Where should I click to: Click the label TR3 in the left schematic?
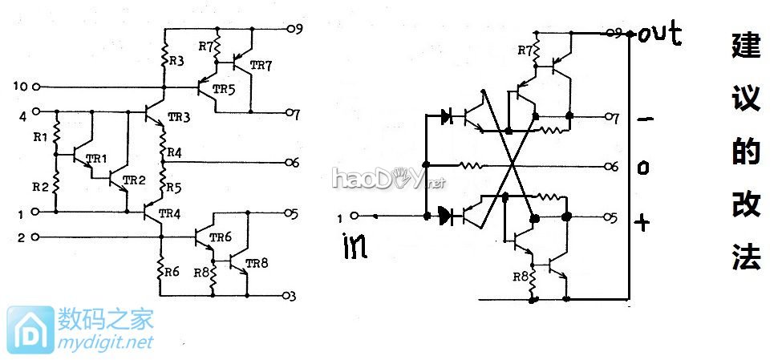(x=180, y=119)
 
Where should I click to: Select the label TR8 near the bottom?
(x=257, y=263)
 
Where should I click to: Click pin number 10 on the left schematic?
(x=20, y=86)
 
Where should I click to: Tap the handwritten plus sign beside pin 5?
(x=642, y=221)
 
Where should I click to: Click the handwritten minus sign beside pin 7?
(x=642, y=119)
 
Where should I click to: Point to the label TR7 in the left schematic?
(x=261, y=65)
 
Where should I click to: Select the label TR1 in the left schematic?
(x=97, y=158)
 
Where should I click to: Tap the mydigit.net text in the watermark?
(x=105, y=342)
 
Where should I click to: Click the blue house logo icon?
(x=30, y=330)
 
